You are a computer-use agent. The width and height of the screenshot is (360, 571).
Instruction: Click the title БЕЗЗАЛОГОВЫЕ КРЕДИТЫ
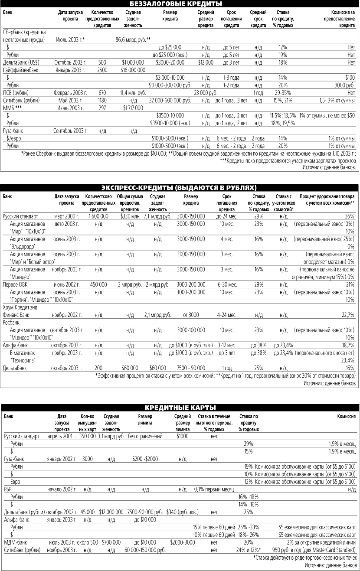click(180, 4)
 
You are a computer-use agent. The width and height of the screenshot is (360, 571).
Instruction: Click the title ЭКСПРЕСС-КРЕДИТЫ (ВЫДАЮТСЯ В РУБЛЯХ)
click(180, 188)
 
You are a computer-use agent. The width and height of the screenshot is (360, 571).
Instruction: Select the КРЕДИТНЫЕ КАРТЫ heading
click(180, 407)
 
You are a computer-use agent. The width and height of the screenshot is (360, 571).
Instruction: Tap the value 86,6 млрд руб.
click(133, 39)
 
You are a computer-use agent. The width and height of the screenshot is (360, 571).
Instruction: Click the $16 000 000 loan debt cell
click(130, 69)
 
